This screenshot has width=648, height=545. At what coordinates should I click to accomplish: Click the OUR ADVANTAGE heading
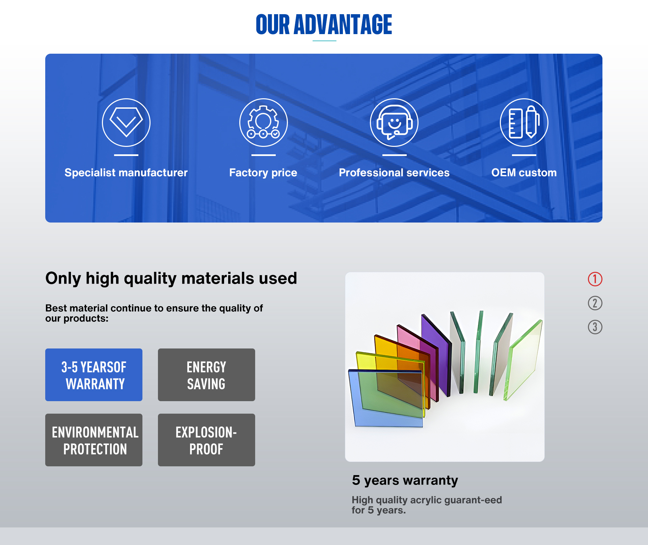point(324,24)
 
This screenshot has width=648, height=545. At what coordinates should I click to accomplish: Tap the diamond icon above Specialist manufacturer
point(126,122)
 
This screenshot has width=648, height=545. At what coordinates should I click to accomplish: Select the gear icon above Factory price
point(264,122)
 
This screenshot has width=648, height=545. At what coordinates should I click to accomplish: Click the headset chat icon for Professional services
point(394,122)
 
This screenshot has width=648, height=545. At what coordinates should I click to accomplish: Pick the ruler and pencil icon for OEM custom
point(524,122)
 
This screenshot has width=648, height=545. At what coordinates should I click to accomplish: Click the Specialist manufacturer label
point(126,173)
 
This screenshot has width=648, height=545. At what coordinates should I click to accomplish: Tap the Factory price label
point(263,173)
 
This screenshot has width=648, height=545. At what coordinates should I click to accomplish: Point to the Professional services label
point(394,173)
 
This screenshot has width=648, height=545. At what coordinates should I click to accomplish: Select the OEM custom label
point(524,173)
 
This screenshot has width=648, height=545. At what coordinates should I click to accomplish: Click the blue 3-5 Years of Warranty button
point(94,375)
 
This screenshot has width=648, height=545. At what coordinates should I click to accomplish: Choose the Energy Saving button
point(207,375)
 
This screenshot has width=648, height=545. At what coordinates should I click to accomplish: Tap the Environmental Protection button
point(94,440)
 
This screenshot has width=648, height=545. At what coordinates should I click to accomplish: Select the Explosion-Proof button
point(207,440)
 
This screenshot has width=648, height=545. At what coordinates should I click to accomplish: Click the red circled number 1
point(595,279)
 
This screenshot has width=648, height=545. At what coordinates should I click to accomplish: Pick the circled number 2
point(595,303)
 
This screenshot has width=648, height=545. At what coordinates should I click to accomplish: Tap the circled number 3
point(595,327)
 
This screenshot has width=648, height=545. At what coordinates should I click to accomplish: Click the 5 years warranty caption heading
point(405,480)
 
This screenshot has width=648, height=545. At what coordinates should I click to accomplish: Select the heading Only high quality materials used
point(171,279)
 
